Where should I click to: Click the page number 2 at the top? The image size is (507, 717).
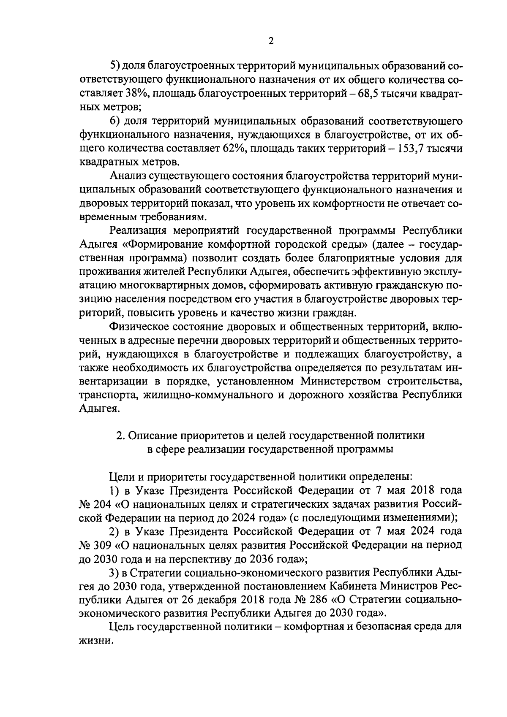point(271,41)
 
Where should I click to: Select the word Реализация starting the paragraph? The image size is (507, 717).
point(138,231)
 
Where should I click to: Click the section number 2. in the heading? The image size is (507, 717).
point(120,435)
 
